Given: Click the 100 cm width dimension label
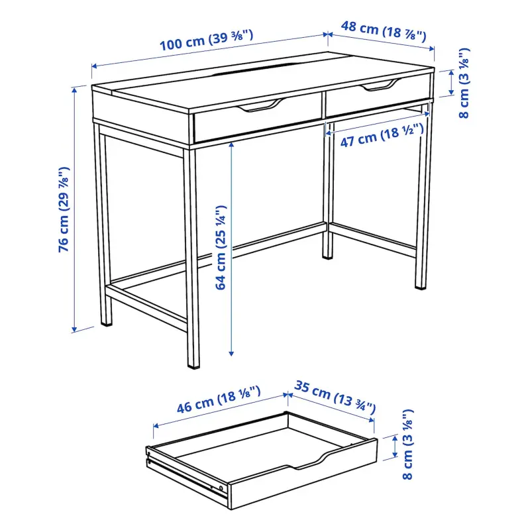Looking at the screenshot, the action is tap(206, 40).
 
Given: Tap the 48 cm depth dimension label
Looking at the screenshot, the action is tap(384, 31).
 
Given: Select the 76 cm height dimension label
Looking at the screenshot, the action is tap(64, 209).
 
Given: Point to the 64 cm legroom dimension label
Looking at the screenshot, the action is tap(221, 247).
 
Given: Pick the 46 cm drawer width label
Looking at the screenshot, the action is tap(219, 399).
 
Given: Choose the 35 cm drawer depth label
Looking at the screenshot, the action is tap(335, 397).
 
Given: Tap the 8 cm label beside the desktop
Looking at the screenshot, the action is tap(464, 83).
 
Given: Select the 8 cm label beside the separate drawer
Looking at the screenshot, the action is tap(407, 445).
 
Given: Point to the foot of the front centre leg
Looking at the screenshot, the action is tap(193, 366).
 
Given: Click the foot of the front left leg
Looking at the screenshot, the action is tap(107, 323).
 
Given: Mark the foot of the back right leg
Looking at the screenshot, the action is tap(421, 287).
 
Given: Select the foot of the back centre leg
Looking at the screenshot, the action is tap(327, 256).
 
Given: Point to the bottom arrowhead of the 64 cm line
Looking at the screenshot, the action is tap(231, 354).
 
